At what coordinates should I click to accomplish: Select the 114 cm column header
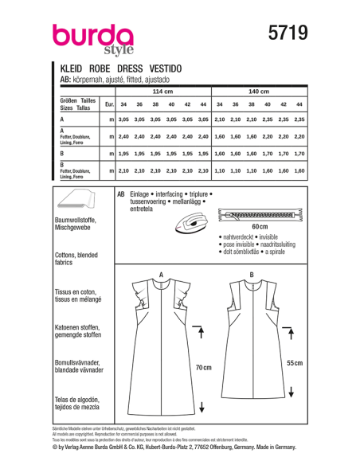[162, 92]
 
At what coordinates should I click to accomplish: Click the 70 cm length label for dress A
[205, 368]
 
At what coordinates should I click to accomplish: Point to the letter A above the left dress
[161, 275]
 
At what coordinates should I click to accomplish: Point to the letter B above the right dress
[251, 275]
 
